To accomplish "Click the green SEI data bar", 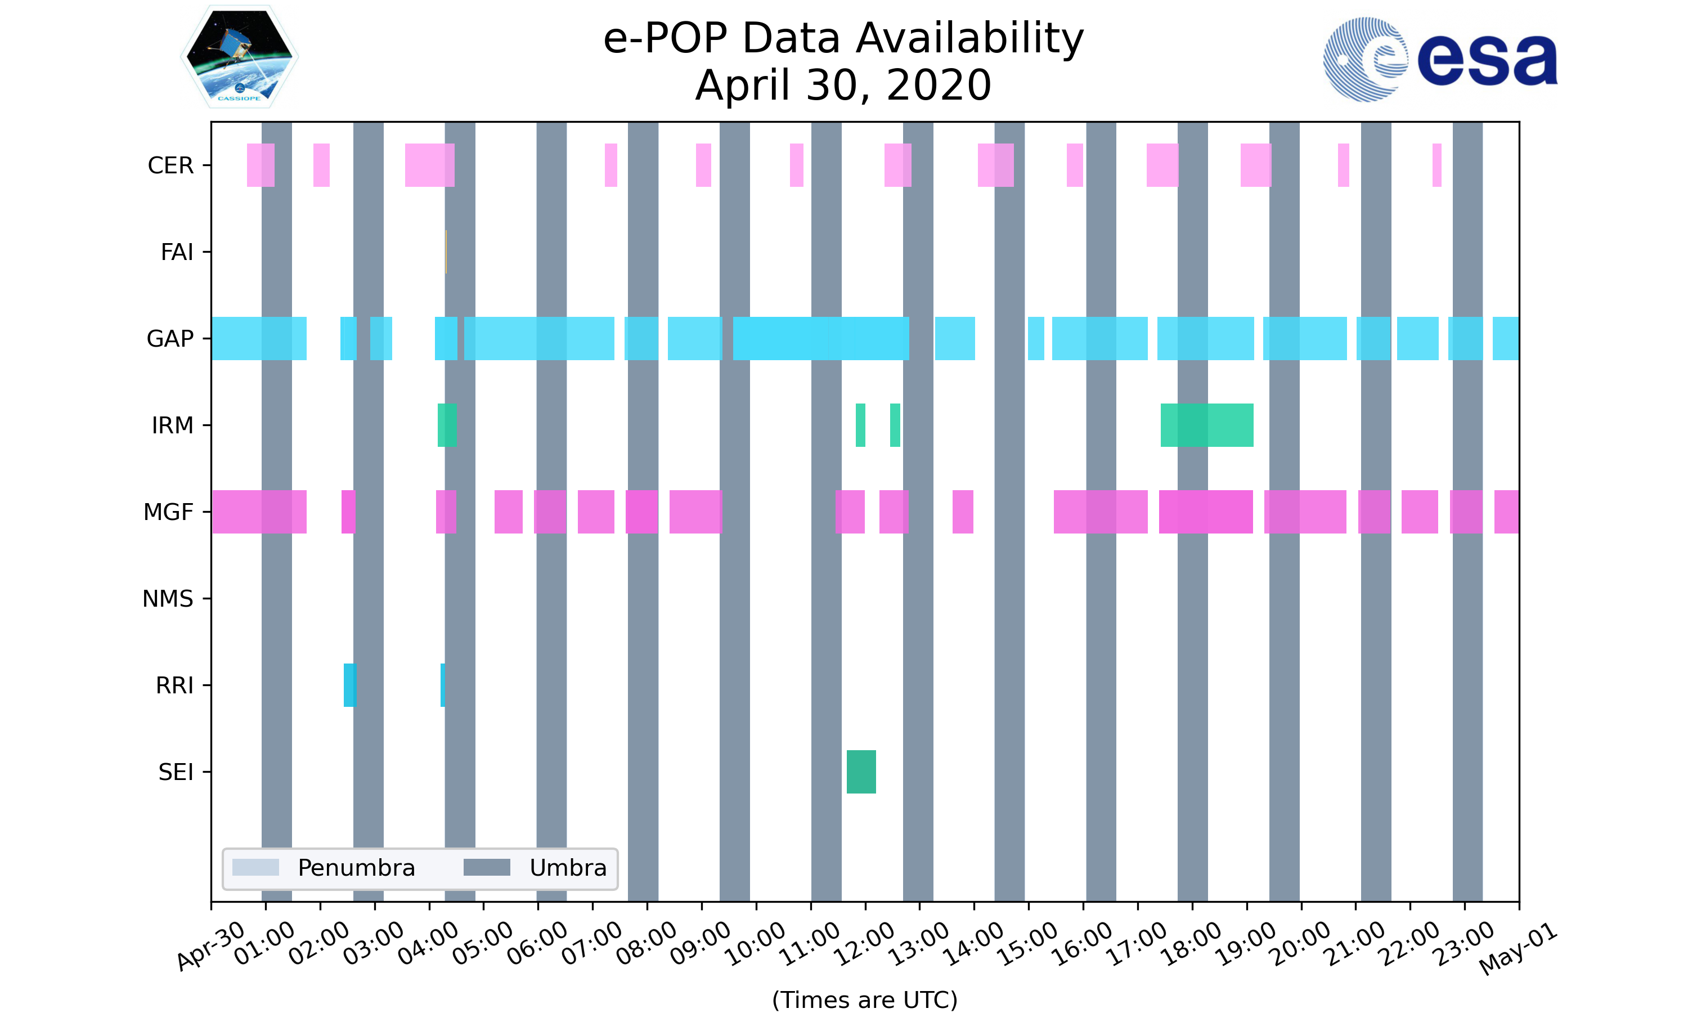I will (861, 772).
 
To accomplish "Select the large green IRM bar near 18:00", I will (1206, 425).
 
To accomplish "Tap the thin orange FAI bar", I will (446, 252).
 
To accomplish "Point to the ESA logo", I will (1440, 60).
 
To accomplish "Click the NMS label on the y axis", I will (168, 599).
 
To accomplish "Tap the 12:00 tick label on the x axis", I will (865, 943).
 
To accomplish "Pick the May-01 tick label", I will (1518, 949).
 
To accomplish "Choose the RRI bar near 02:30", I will (349, 685).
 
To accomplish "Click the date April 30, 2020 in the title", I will (843, 86).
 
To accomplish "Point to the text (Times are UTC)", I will (864, 999).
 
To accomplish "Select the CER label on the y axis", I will (170, 165).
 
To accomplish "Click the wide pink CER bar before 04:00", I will (429, 165).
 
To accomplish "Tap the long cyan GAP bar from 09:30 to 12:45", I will (821, 339).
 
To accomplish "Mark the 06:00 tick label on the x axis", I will (538, 943).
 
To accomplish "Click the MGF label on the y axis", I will (168, 512).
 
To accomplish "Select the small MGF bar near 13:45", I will (963, 512).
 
